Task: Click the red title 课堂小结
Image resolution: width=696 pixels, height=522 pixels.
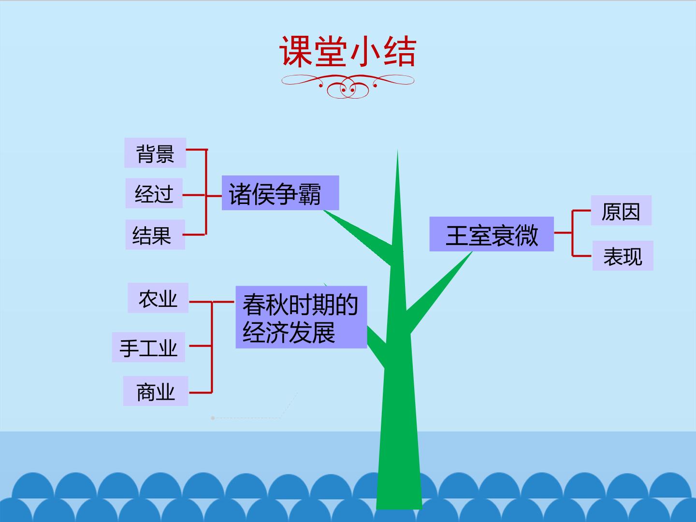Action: tap(348, 51)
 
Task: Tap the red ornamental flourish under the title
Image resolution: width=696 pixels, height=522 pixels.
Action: tap(348, 86)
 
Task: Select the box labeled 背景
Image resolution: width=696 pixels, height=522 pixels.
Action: tap(155, 153)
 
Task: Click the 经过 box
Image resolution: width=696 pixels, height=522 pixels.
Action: tap(154, 193)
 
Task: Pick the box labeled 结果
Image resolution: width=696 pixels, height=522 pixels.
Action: tap(155, 234)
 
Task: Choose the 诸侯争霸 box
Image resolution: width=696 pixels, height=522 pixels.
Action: tap(280, 193)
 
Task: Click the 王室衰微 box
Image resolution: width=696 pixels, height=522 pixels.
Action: tap(492, 234)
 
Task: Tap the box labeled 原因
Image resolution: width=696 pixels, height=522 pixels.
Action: tap(621, 210)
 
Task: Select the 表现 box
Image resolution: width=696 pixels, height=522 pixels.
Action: tap(623, 256)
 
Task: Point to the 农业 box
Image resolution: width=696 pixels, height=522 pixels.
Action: tap(158, 298)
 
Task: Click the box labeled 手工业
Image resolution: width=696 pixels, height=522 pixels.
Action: tap(148, 347)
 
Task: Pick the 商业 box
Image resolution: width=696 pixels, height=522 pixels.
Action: tap(155, 391)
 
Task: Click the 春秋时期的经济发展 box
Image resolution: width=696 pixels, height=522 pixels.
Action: tap(301, 317)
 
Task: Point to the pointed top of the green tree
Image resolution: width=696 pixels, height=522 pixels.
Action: tap(397, 150)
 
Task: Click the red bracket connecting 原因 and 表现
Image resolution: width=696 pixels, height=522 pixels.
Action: tap(572, 233)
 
